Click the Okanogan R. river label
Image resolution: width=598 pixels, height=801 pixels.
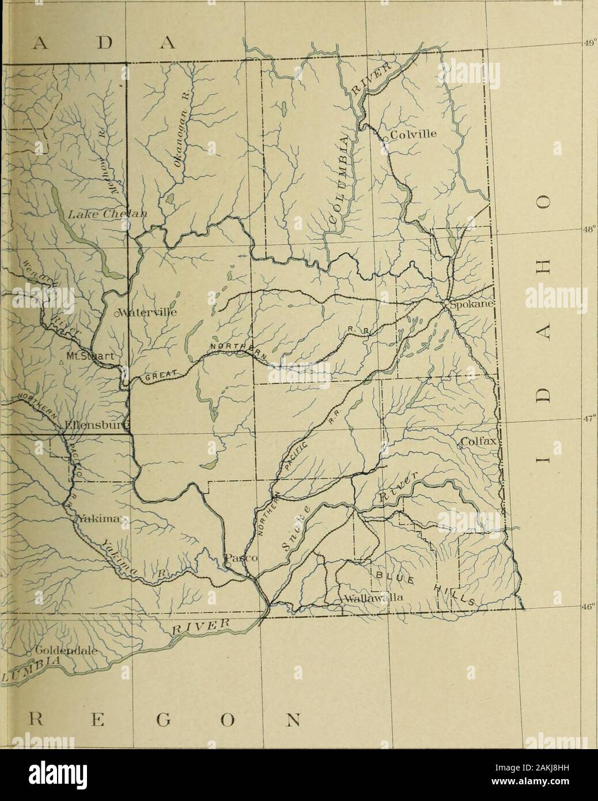(188, 134)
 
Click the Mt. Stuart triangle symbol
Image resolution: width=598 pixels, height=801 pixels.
(61, 362)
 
